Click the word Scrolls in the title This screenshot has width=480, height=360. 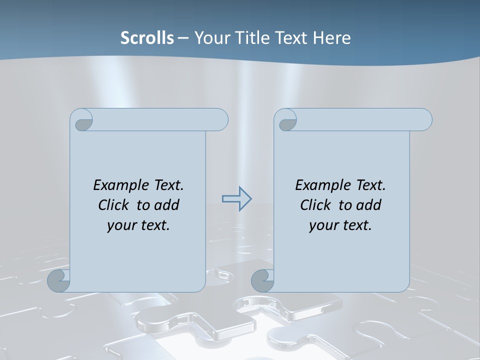147,38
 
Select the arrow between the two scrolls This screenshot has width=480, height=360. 236,199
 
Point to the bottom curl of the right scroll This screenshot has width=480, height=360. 263,280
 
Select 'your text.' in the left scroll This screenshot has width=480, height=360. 138,225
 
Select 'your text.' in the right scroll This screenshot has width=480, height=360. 340,225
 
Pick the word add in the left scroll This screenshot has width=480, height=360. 167,205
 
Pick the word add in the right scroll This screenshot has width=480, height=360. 369,205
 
